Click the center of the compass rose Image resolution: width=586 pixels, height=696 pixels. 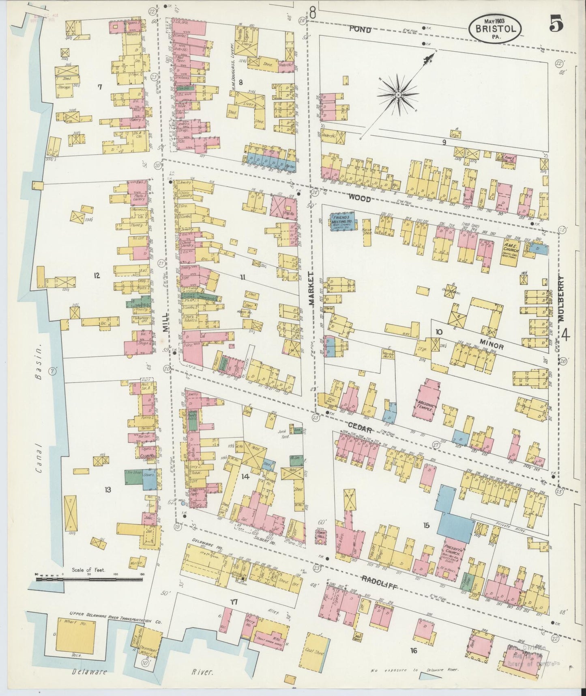click(398, 95)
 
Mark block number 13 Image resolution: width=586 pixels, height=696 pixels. click(107, 490)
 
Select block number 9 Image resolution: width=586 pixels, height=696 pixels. click(444, 142)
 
